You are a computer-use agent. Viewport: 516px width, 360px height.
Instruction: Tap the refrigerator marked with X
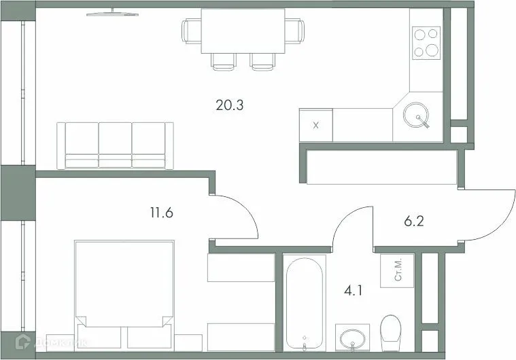click(315, 126)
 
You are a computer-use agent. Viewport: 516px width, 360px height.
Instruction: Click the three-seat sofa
click(115, 145)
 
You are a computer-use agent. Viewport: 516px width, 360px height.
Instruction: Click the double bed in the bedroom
click(123, 292)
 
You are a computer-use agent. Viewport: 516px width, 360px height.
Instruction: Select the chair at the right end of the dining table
click(294, 31)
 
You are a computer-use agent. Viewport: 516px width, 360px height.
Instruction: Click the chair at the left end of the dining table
click(190, 31)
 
